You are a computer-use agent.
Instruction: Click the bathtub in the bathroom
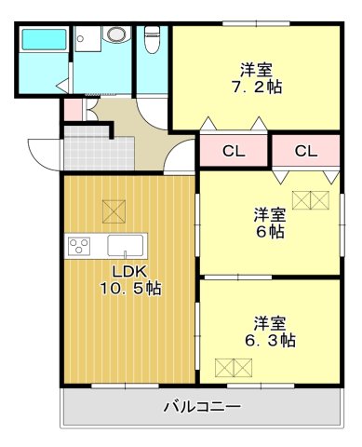(x=44, y=42)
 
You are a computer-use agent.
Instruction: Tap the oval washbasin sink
(x=115, y=34)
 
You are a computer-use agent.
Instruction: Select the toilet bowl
(x=154, y=40)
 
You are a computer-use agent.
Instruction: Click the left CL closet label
(x=234, y=151)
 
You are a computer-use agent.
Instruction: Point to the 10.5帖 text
(x=130, y=289)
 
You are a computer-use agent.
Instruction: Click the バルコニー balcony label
(x=202, y=407)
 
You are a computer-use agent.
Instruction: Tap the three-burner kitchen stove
(x=79, y=247)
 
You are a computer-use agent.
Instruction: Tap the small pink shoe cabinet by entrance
(x=73, y=111)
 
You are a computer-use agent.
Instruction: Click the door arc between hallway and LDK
(x=177, y=157)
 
